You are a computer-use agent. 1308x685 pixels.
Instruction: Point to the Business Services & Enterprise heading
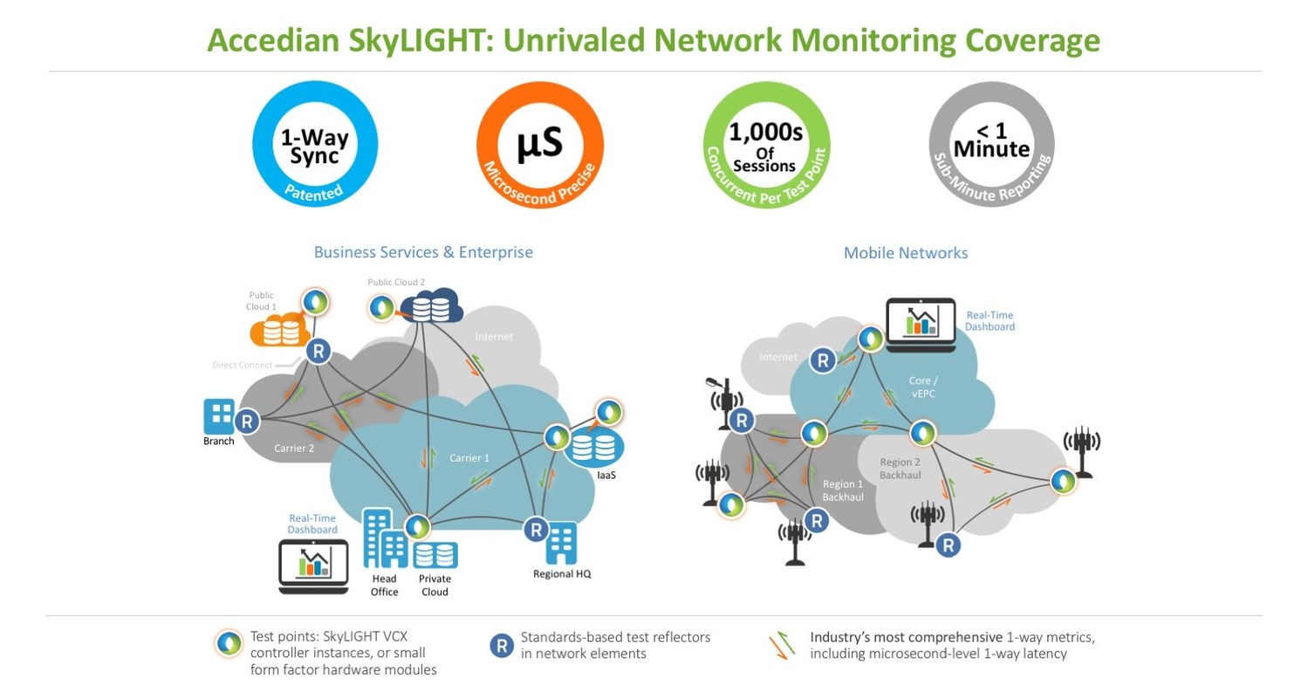click(423, 252)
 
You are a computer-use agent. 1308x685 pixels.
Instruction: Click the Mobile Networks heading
click(905, 253)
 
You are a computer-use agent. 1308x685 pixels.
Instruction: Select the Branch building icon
click(218, 417)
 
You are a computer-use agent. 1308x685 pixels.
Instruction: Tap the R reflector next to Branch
click(248, 421)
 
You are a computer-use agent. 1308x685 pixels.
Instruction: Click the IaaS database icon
click(593, 446)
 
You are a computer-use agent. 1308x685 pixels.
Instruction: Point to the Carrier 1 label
click(469, 457)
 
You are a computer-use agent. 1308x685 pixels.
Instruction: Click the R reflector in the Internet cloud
click(821, 359)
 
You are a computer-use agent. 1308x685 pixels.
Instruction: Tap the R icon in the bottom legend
click(501, 646)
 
